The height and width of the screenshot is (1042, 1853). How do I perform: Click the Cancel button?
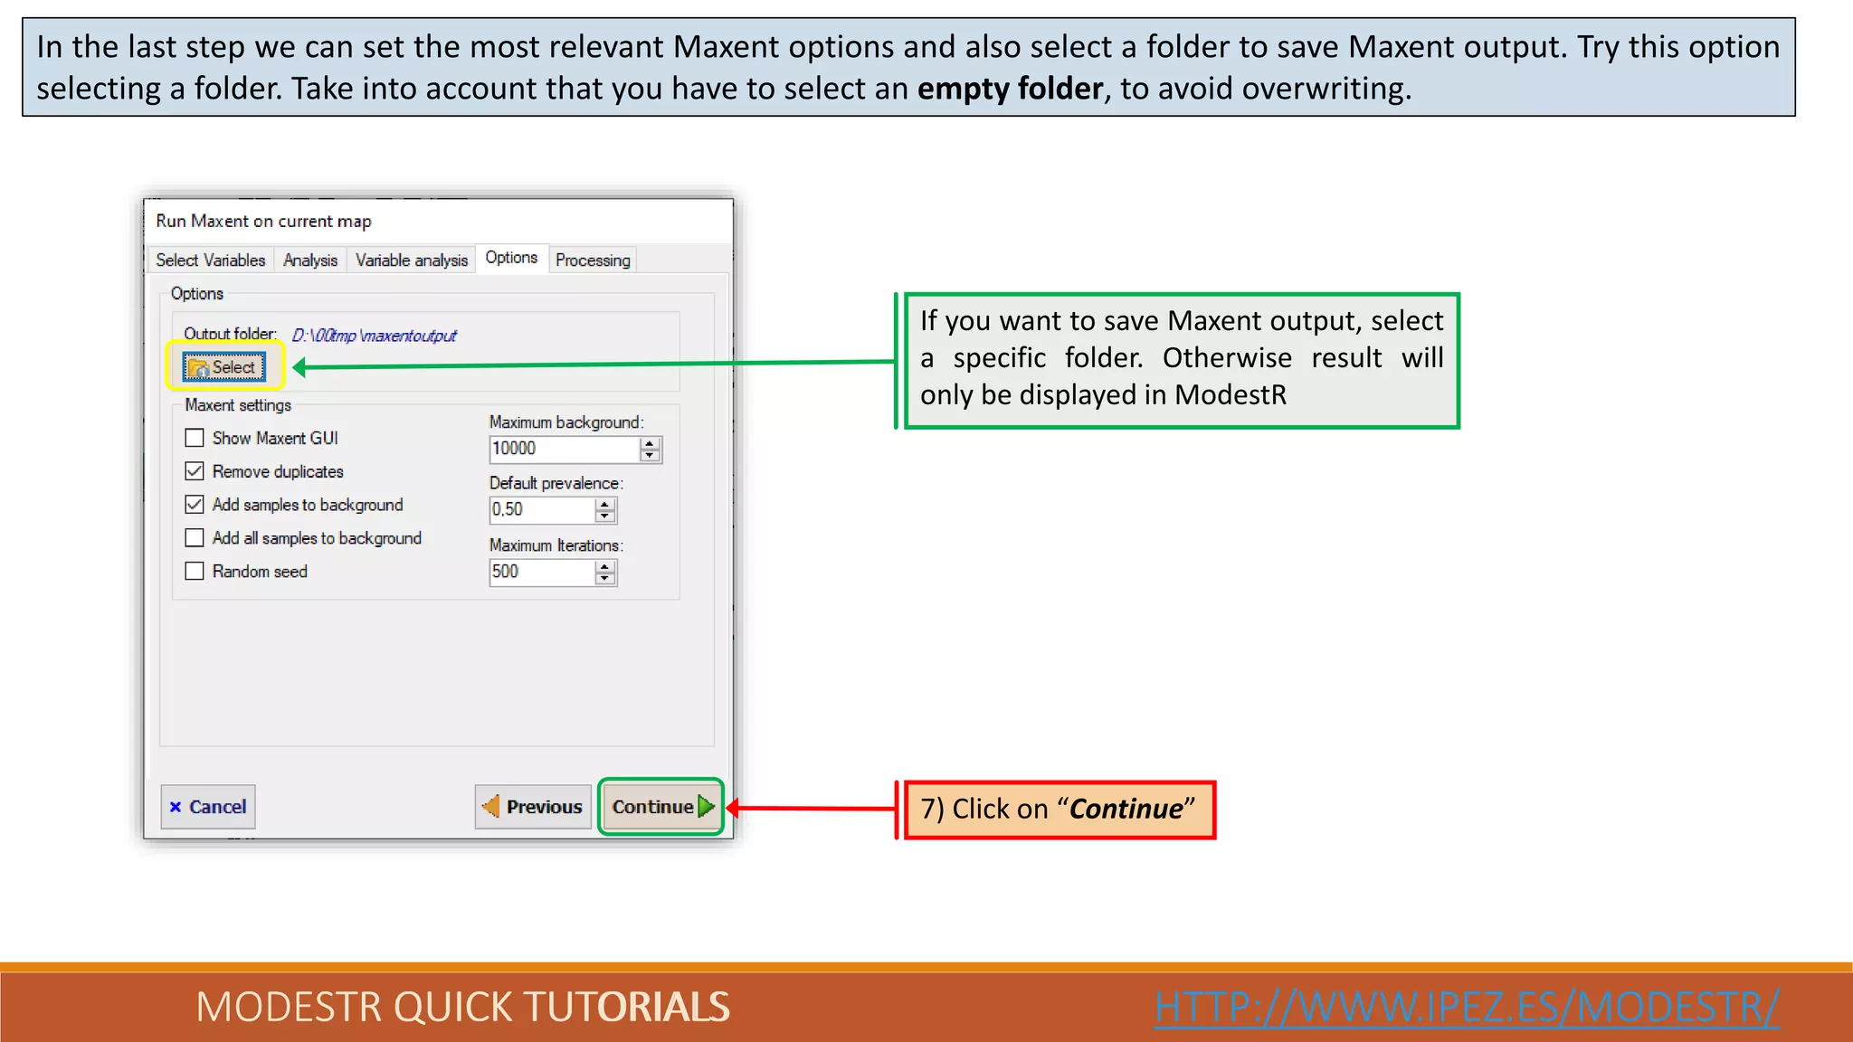208,807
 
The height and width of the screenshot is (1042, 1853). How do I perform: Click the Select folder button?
223,367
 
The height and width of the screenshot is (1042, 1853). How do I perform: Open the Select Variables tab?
210,260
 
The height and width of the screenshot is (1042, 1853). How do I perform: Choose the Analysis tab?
309,260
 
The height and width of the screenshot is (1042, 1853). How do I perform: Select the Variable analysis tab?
411,260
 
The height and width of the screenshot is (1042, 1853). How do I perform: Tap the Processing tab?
593,260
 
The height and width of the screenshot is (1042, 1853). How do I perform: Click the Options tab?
511,258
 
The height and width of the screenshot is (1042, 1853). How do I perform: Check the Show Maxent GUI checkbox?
195,439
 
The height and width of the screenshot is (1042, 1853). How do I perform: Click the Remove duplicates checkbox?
195,471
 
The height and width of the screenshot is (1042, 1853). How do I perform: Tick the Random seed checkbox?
195,572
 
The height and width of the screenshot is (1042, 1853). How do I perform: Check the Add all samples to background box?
195,538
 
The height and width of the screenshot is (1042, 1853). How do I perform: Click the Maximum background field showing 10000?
563,449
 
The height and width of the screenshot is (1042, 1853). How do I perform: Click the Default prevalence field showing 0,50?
540,510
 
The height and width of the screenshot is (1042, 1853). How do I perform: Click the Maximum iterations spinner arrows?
605,573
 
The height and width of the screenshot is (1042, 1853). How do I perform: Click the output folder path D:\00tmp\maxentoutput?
374,336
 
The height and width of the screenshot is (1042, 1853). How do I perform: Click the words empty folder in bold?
1010,89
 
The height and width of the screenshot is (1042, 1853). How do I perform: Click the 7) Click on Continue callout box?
1059,810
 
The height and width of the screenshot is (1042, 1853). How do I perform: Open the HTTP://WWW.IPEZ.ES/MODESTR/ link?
1467,1007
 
